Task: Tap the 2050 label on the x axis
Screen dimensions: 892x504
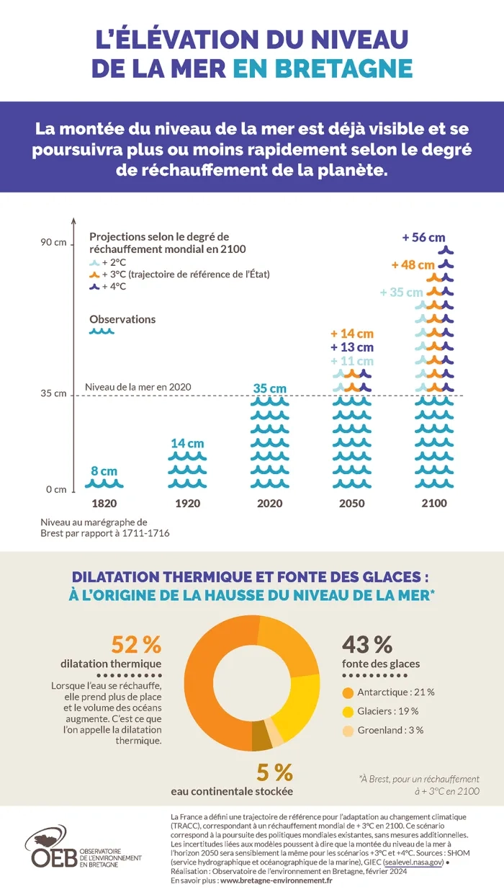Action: coord(351,503)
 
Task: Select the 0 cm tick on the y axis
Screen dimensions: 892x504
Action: coord(56,489)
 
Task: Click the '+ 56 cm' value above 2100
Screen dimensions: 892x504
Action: coord(423,237)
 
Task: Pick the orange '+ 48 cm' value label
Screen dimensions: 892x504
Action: coord(413,265)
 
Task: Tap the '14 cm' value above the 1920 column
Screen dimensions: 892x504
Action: coord(187,443)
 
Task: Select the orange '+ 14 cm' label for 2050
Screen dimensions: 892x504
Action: coord(352,334)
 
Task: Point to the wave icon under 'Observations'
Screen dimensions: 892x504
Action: coord(102,331)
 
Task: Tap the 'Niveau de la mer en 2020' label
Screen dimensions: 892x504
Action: coord(138,387)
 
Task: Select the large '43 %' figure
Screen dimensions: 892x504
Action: coord(366,643)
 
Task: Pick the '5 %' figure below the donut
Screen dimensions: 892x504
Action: coord(275,772)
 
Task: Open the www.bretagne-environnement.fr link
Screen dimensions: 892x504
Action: coord(276,880)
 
